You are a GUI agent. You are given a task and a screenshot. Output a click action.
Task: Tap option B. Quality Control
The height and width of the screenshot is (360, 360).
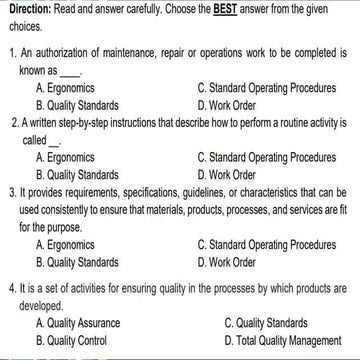point(72,340)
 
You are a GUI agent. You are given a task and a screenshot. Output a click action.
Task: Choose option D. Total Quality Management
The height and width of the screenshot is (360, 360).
point(284,340)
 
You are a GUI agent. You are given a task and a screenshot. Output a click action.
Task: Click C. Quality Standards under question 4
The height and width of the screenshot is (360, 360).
point(270,323)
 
